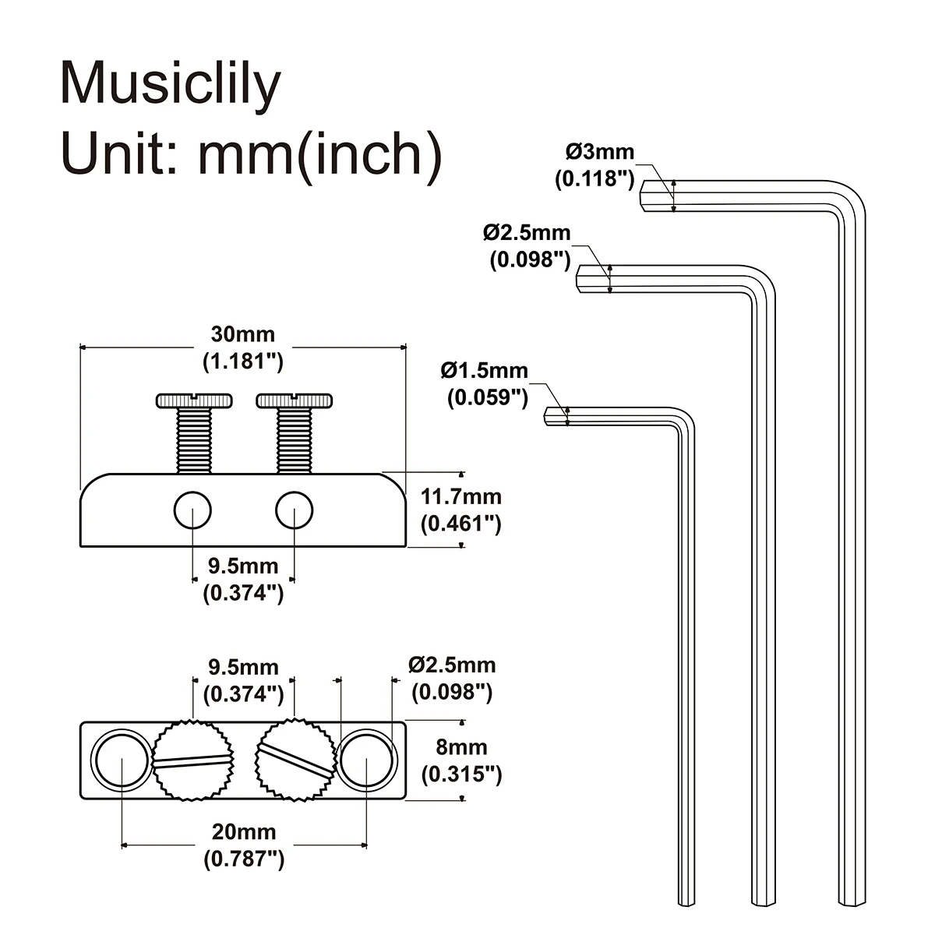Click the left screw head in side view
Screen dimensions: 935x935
(x=195, y=400)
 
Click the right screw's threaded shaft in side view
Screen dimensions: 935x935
(x=295, y=441)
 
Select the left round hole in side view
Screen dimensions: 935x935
(x=192, y=510)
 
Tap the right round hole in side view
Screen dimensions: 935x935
(x=295, y=510)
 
